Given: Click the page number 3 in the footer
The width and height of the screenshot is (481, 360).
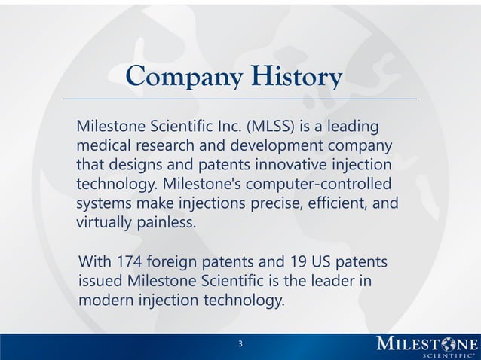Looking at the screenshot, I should (240, 344).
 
